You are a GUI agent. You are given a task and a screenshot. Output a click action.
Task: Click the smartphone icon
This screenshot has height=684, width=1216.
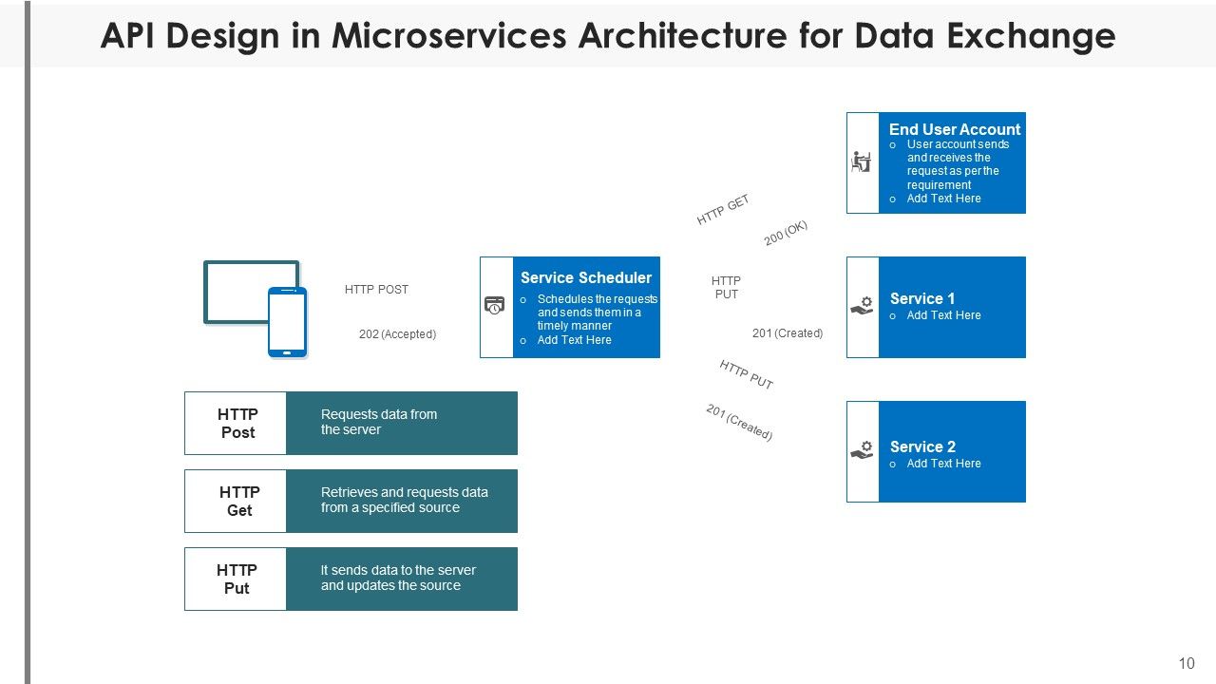point(287,322)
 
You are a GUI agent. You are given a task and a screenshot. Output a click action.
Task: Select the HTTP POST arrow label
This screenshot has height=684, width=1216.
point(376,290)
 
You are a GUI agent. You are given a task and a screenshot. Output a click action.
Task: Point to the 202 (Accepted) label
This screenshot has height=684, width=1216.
point(397,334)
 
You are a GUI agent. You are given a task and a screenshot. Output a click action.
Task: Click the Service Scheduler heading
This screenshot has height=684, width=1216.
point(586,278)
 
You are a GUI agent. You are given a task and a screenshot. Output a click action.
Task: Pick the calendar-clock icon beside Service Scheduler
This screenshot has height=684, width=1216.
point(495,306)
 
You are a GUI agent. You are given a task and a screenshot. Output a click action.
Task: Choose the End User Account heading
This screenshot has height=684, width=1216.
point(954,129)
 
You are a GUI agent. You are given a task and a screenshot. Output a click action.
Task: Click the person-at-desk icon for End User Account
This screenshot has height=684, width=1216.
point(862,162)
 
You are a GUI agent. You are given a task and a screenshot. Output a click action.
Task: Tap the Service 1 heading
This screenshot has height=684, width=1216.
point(921,298)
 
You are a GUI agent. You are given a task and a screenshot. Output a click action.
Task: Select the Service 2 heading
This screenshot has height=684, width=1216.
point(921,446)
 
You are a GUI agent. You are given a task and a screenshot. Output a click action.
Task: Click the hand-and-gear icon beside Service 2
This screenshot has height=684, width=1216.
point(862,450)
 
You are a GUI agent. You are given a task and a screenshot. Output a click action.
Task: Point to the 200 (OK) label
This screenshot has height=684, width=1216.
point(786,234)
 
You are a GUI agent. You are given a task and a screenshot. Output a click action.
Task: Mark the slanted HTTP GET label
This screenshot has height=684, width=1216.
point(723,210)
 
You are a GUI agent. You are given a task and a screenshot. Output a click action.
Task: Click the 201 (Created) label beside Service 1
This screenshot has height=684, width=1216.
point(787,333)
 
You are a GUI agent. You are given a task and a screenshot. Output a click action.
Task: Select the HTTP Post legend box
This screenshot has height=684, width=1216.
point(236,423)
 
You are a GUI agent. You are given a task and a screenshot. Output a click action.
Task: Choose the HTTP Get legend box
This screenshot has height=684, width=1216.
point(236,501)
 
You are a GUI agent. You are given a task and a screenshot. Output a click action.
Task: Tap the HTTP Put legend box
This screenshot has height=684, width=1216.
point(236,579)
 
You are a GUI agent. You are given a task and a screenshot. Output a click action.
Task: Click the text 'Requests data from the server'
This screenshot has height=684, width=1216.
point(378,422)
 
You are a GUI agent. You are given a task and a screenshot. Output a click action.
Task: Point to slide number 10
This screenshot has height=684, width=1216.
point(1186,663)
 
